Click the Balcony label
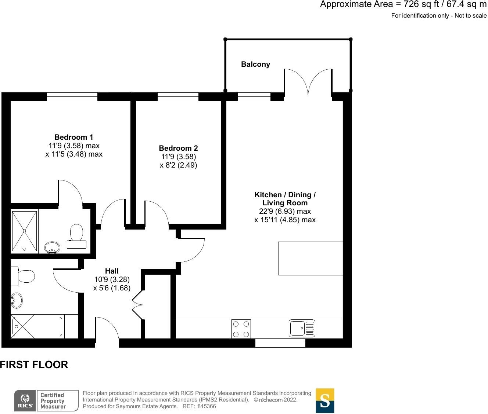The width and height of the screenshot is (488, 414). coord(255,65)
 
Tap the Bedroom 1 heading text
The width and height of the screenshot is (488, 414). coord(73,137)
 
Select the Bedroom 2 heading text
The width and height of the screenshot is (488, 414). coord(178,148)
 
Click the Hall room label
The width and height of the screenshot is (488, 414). coord(112,271)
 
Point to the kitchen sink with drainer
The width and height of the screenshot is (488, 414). coord(302,328)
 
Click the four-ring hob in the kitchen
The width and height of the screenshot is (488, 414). coord(241,329)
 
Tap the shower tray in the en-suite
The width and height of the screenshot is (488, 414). coord(24,231)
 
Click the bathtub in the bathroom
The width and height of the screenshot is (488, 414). coord(37,327)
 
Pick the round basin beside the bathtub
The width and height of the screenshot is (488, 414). coord(16,300)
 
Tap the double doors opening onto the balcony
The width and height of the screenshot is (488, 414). coord(308,83)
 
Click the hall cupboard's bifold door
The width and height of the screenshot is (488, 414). coord(137,304)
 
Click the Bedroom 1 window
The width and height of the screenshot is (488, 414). coord(72,97)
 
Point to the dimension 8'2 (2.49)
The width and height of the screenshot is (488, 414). coord(178,165)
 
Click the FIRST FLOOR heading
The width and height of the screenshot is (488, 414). coord(34,365)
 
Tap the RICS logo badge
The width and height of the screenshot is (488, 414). coord(25,400)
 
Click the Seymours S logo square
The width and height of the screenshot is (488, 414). coord(325,400)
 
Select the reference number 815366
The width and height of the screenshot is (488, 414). coord(207,406)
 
